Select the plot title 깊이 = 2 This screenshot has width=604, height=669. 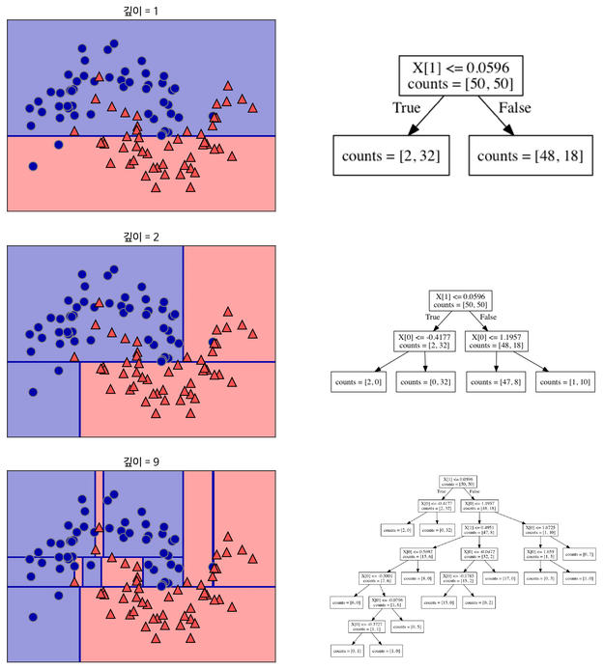[141, 237]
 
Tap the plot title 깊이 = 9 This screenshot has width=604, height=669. [141, 462]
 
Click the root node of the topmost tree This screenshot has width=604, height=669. [462, 75]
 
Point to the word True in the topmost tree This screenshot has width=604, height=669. [406, 108]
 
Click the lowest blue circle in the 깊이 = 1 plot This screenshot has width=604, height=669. [34, 166]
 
